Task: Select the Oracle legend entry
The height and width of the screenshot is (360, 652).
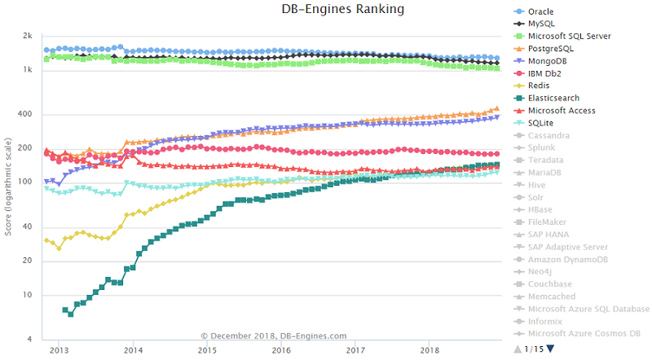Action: pos(544,11)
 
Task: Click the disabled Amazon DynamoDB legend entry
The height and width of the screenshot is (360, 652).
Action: pos(568,259)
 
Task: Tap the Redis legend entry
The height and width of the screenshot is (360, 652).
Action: pos(539,86)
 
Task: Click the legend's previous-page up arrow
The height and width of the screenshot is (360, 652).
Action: pos(517,349)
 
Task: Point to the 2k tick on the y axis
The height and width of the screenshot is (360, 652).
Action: pos(27,37)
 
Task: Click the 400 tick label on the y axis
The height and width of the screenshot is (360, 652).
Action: pos(24,114)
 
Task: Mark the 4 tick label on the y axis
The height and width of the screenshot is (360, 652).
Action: pos(29,339)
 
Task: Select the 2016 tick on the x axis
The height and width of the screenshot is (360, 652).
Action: pos(281,350)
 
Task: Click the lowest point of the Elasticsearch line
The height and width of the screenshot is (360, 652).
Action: pos(71,314)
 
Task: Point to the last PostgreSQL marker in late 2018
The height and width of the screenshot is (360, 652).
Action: pos(496,108)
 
